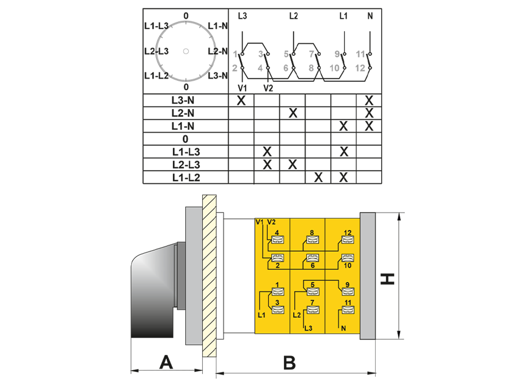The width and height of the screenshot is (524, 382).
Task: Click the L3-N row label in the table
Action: (183, 100)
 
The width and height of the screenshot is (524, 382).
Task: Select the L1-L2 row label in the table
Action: (186, 177)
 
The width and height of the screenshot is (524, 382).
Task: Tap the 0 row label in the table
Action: (185, 139)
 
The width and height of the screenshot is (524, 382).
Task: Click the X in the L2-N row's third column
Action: (293, 113)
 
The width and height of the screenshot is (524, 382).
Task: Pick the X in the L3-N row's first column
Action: (241, 100)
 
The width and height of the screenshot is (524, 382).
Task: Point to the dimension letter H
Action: (388, 279)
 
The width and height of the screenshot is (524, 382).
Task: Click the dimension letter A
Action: (166, 362)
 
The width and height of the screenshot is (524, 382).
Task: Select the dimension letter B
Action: (290, 363)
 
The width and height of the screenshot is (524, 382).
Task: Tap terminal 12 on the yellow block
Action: (347, 239)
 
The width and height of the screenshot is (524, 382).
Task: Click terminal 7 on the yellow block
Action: (313, 309)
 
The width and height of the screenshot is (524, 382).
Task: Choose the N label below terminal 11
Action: (343, 329)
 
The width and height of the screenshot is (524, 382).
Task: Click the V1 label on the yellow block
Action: (259, 222)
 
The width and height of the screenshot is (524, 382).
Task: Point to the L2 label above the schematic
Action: (293, 16)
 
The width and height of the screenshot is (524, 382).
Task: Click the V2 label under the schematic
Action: (268, 88)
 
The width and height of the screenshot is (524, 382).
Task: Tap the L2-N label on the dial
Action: (218, 51)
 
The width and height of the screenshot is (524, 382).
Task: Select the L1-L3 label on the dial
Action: (157, 26)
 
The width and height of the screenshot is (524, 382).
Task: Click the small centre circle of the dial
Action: (186, 51)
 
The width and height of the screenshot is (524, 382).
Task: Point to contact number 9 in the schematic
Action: (337, 54)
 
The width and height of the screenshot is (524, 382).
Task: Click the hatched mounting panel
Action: (209, 276)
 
